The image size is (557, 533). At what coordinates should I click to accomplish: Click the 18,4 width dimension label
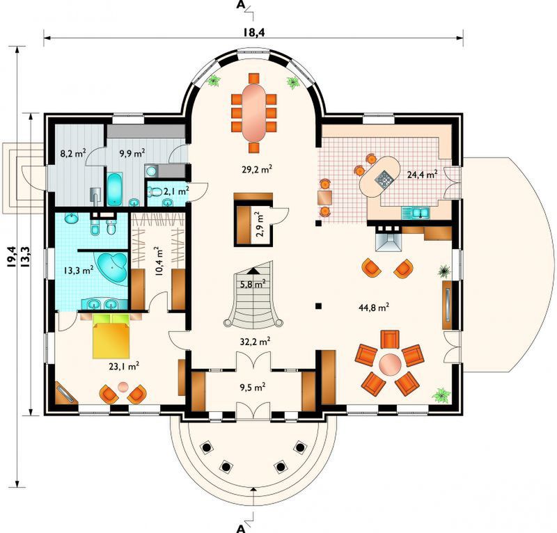(x=254, y=32)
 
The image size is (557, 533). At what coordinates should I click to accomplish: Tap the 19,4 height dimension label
(x=10, y=257)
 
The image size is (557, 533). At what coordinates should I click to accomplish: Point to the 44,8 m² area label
(x=374, y=307)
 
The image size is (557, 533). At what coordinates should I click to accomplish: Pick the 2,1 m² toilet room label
(x=176, y=191)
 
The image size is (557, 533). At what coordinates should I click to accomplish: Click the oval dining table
(x=253, y=113)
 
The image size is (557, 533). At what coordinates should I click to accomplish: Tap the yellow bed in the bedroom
(x=111, y=335)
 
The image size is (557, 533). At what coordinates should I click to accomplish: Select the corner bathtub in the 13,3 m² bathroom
(x=112, y=267)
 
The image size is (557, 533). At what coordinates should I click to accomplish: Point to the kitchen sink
(x=416, y=213)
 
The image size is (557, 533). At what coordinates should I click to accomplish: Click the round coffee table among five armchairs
(x=390, y=364)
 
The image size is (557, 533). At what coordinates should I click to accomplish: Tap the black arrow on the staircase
(x=253, y=270)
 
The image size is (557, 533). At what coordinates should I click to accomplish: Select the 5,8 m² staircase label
(x=253, y=284)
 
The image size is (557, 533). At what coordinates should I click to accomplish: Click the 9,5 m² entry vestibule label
(x=253, y=387)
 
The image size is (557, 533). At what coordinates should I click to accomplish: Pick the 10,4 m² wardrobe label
(x=159, y=262)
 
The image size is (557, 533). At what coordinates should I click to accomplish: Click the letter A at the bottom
(x=241, y=529)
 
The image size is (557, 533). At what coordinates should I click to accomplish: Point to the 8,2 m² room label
(x=72, y=153)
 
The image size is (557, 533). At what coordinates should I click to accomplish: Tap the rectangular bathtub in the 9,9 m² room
(x=114, y=189)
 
